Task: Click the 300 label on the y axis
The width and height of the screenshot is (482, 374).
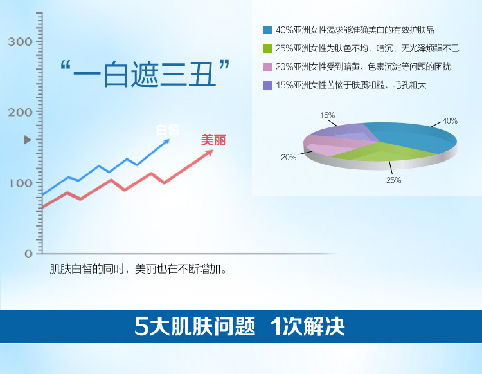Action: coord(20,42)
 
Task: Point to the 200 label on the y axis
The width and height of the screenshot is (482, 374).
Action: coord(20,113)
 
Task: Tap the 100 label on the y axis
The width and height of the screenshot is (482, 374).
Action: coord(21,183)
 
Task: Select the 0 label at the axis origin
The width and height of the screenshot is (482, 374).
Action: coord(28,254)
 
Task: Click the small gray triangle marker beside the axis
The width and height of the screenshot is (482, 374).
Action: coord(28,140)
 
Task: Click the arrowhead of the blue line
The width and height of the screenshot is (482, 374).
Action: coord(166,142)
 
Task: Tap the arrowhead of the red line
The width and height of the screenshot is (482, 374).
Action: coord(210,153)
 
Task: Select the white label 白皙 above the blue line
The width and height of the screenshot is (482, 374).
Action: coord(168,129)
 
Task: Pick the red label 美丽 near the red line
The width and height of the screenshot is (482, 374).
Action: coord(213,140)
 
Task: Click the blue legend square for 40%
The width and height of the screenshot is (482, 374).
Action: coord(267,30)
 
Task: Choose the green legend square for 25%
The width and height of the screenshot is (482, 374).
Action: coord(267,49)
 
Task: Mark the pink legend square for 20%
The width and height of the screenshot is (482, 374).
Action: coord(267,67)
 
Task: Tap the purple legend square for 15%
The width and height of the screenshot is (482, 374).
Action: coord(267,85)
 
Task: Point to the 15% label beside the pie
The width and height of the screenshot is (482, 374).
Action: coord(327,115)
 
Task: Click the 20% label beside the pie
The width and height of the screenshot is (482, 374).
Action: coord(289,157)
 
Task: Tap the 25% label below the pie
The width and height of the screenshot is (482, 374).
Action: coord(394,180)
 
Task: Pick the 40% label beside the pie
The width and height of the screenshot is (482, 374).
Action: coord(450,121)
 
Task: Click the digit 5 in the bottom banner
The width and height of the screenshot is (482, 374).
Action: coord(141,326)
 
